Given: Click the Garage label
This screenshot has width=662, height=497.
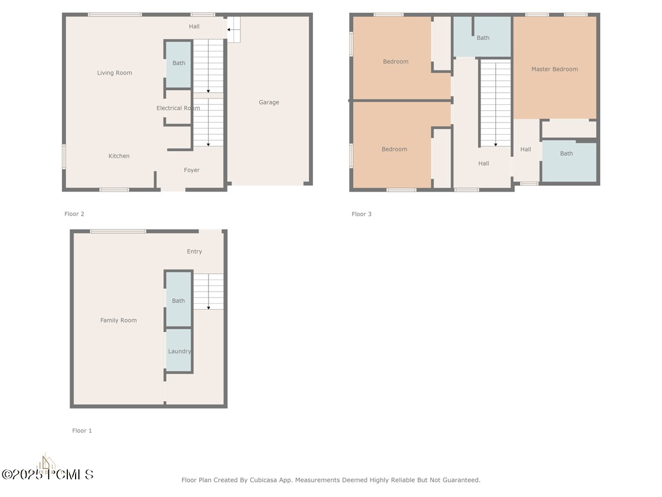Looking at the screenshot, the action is click(x=269, y=102).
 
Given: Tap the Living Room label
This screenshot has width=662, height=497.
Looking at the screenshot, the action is click(x=114, y=73).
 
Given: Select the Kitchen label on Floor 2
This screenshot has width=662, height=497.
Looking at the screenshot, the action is click(x=119, y=156).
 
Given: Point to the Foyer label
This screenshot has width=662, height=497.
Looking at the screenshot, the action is click(x=191, y=170).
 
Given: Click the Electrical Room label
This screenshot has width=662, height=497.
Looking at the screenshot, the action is click(x=178, y=108).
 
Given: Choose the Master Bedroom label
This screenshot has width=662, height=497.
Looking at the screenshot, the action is click(x=554, y=69).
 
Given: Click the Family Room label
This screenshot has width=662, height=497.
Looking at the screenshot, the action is click(x=118, y=320).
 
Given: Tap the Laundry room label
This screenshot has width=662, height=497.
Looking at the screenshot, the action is click(x=179, y=351).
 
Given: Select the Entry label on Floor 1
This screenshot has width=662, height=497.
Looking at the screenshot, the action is click(x=194, y=251).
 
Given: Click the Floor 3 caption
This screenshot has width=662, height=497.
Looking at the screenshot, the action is click(x=361, y=214).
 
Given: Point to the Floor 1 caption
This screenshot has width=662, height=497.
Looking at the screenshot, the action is click(x=82, y=431).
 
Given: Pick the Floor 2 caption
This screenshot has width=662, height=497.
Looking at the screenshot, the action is click(x=74, y=214).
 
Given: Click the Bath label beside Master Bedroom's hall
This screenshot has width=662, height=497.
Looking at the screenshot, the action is click(x=566, y=154).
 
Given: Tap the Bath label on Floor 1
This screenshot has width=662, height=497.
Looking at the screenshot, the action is click(x=178, y=301).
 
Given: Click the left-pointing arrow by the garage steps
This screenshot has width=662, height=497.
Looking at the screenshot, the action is click(x=233, y=30).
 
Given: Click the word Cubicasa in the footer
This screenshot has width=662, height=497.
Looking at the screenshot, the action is click(x=263, y=480).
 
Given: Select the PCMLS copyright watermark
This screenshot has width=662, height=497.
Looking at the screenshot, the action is click(x=47, y=475).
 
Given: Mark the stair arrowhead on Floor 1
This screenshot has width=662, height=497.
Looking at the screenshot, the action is click(x=209, y=308).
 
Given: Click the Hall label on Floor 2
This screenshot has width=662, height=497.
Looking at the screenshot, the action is click(x=194, y=27).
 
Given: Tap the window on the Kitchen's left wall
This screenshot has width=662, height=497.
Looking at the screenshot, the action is click(x=64, y=157).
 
